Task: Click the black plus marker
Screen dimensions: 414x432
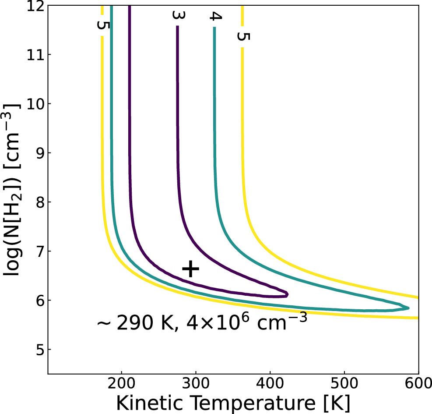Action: pyautogui.click(x=190, y=269)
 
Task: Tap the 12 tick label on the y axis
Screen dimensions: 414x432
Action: pyautogui.click(x=34, y=6)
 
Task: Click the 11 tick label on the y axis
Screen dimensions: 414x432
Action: pyautogui.click(x=34, y=54)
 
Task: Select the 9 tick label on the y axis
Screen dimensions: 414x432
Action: pyautogui.click(x=38, y=153)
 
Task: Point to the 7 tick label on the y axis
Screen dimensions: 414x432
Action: pyautogui.click(x=38, y=251)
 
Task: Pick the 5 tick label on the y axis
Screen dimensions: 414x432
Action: pyautogui.click(x=38, y=350)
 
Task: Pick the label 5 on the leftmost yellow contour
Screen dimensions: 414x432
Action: pyautogui.click(x=102, y=25)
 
